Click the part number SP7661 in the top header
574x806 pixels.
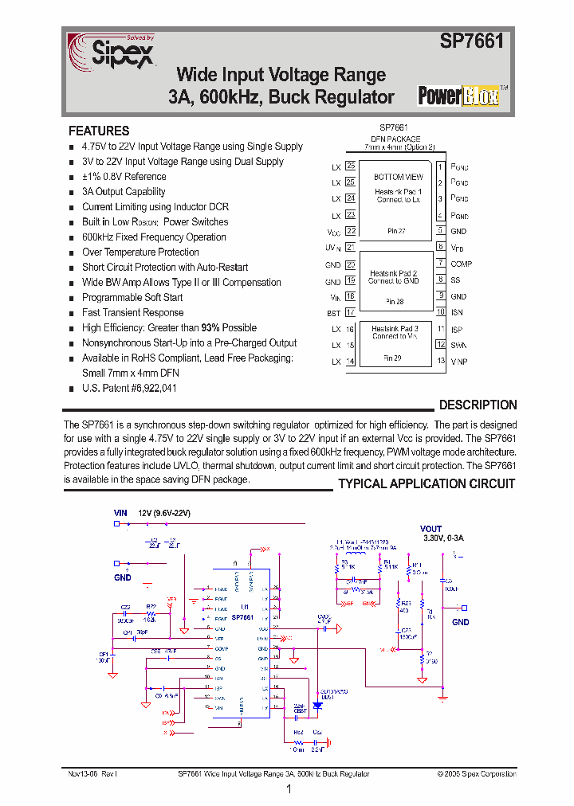click(x=472, y=41)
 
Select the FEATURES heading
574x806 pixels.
click(x=99, y=131)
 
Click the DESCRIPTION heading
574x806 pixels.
click(x=478, y=405)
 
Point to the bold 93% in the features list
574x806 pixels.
click(x=210, y=327)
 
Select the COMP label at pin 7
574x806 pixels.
click(x=461, y=264)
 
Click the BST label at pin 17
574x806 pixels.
click(x=333, y=313)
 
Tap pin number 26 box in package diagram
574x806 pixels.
click(x=350, y=182)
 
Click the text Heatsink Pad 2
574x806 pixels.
click(x=394, y=273)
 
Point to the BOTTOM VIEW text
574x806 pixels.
click(x=399, y=177)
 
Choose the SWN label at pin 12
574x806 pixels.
click(x=458, y=345)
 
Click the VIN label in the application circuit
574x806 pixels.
click(x=120, y=514)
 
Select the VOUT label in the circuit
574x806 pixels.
click(x=431, y=529)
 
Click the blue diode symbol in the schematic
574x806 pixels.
click(x=317, y=705)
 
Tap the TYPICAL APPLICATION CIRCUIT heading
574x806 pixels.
click(x=427, y=483)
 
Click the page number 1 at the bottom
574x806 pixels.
click(x=288, y=790)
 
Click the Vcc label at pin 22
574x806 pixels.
click(x=333, y=232)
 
